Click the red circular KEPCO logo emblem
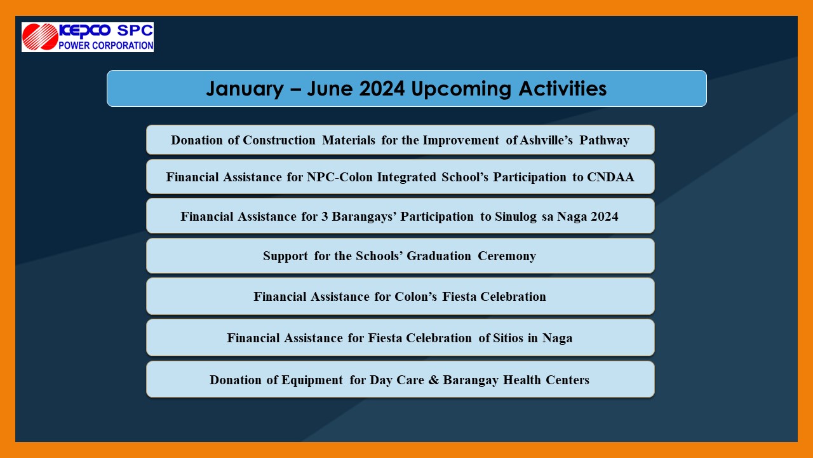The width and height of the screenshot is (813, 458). (40, 37)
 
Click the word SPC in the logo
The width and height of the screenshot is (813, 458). (134, 31)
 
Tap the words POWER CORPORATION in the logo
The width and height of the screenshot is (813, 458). (106, 45)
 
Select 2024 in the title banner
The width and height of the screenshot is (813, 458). (382, 88)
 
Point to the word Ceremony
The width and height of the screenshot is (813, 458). (506, 256)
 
